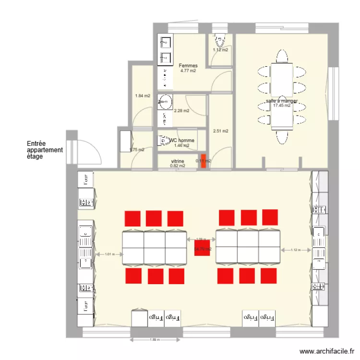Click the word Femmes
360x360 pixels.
(x=188, y=66)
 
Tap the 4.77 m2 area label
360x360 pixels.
(x=188, y=71)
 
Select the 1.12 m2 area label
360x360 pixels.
(x=220, y=49)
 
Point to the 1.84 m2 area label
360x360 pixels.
(x=143, y=96)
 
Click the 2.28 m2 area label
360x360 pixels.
(x=181, y=110)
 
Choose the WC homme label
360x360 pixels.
(x=181, y=141)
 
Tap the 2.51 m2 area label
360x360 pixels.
(x=220, y=131)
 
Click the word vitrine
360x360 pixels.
(x=178, y=161)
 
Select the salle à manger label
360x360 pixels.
(x=282, y=101)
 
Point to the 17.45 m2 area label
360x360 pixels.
(x=282, y=106)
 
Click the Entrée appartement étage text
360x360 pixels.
(x=45, y=150)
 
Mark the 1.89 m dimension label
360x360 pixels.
(x=154, y=340)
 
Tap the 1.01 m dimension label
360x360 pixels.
(x=110, y=254)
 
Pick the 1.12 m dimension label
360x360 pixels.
(x=296, y=250)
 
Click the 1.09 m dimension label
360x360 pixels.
(x=201, y=239)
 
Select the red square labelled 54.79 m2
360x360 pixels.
(x=202, y=249)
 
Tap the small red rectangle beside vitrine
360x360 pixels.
(x=203, y=161)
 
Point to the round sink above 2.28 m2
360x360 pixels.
(x=166, y=101)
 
